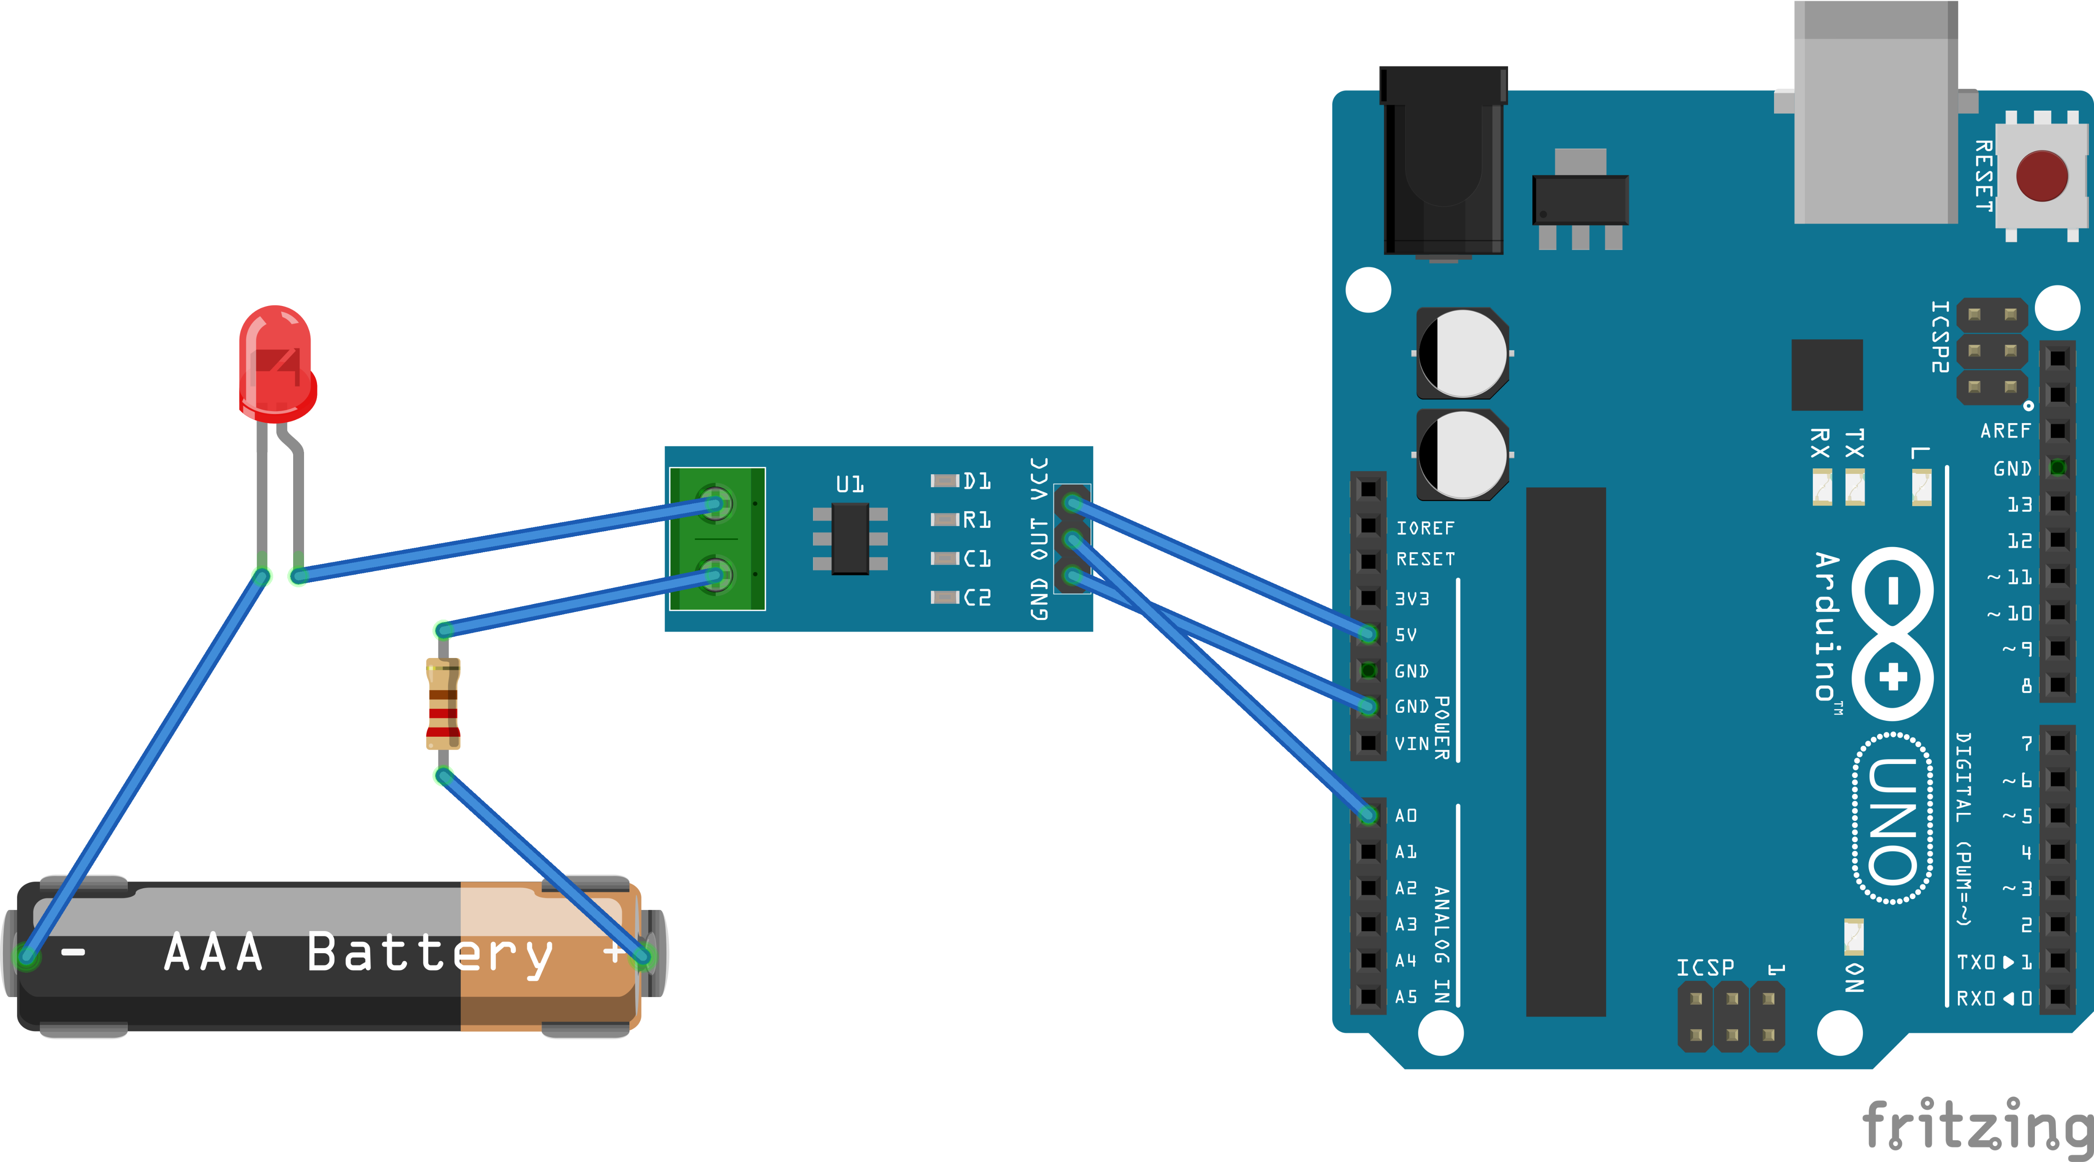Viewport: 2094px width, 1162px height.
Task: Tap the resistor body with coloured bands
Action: [x=443, y=703]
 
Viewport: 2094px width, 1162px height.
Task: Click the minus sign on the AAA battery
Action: [x=73, y=952]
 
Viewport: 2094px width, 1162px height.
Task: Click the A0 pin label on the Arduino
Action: [x=1405, y=815]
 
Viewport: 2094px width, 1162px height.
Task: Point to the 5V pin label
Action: [x=1405, y=635]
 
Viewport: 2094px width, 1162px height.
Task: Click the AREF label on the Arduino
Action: [x=2004, y=431]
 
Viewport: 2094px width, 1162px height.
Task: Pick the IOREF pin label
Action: [x=1424, y=528]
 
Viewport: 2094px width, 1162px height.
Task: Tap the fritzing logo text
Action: [x=1975, y=1126]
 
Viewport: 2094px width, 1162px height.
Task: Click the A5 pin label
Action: [x=1405, y=996]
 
